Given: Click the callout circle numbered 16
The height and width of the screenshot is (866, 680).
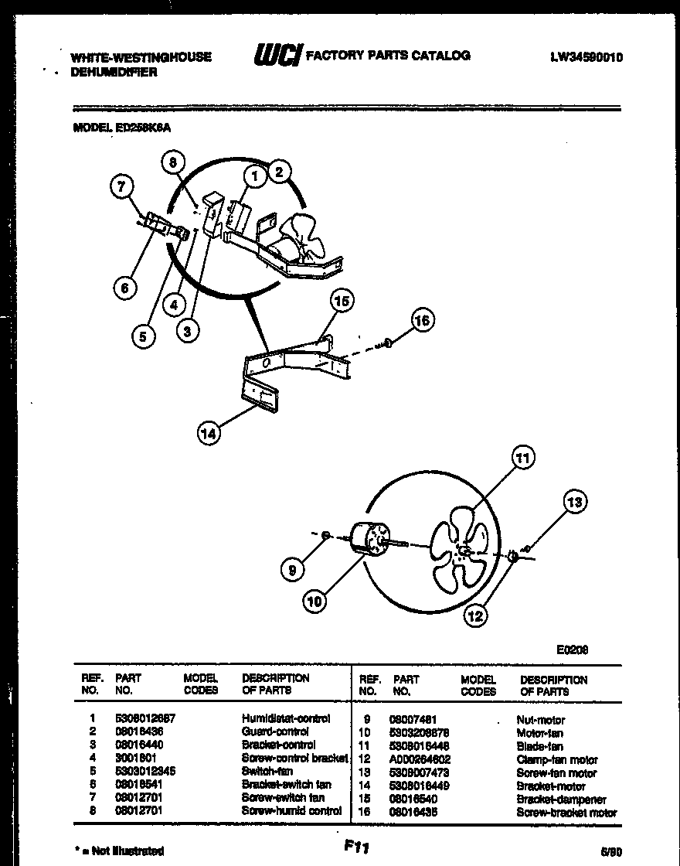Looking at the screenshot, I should pos(423,320).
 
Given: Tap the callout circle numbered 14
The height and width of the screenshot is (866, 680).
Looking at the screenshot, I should pos(208,434).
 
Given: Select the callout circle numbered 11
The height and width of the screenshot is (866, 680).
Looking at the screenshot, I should pos(523,459).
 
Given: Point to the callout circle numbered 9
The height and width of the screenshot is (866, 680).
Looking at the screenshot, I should pos(291,571).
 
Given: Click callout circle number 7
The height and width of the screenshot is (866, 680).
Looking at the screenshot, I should pos(122,186).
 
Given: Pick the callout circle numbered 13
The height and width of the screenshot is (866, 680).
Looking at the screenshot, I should pos(574,503).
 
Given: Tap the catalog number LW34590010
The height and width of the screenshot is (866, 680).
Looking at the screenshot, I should pos(586,56).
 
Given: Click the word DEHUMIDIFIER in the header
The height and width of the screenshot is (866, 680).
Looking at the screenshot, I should pos(114,72).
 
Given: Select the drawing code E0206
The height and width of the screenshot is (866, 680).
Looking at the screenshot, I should pos(573,650).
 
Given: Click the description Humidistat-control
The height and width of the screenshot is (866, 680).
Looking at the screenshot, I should pos(286,718).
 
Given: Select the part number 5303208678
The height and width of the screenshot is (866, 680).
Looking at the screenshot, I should pos(420,732).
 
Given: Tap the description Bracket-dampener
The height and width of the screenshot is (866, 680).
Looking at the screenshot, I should pos(560,800).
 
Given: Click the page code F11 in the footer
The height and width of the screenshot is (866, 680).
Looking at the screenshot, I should pos(355,847).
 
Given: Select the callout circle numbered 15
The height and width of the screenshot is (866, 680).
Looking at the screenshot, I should pos(342,301).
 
